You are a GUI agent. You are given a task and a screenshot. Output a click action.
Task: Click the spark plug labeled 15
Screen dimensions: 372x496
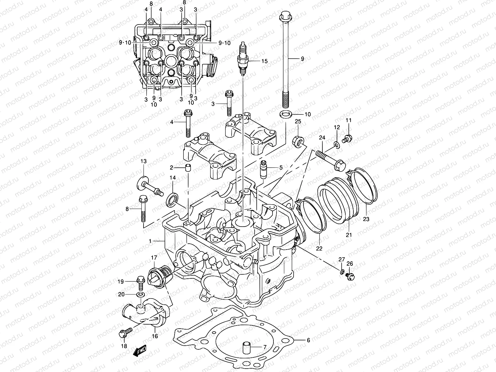click(x=243, y=60)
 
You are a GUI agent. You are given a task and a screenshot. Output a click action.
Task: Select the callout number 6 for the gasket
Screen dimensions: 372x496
click(x=308, y=340)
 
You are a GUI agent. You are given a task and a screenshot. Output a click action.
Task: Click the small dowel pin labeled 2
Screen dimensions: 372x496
click(x=188, y=168)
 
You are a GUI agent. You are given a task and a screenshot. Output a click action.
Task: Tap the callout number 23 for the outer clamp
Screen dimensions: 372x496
click(x=366, y=219)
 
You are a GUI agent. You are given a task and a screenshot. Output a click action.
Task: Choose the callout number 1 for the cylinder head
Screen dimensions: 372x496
click(x=150, y=241)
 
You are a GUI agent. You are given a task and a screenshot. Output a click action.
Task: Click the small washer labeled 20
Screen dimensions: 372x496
click(x=140, y=294)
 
